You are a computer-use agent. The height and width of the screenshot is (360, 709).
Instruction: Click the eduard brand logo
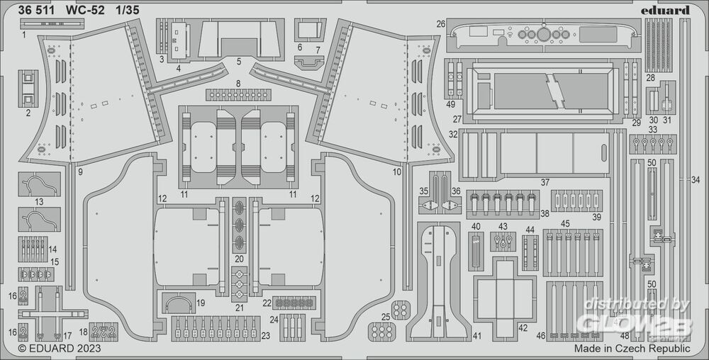pos(669,10)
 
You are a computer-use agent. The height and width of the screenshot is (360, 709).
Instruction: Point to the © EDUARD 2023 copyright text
pos(59,349)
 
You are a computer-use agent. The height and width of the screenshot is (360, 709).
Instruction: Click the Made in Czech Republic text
pos(632,349)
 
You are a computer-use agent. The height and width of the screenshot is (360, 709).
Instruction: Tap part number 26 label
pos(441,24)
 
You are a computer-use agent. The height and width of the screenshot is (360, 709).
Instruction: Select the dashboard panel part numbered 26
pos(540,35)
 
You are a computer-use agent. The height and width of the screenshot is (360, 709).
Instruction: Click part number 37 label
pos(545,182)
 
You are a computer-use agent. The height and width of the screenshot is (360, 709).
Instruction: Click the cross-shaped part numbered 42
pos(504,291)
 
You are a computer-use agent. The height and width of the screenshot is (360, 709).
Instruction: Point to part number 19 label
pos(201,303)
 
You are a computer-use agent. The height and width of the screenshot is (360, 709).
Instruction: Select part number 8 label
pos(238,84)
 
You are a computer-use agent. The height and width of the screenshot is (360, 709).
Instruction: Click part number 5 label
pos(239,62)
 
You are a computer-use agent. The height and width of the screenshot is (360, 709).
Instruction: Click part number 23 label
pos(265,335)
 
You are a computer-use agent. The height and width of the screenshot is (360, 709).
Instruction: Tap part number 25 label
pos(385,316)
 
